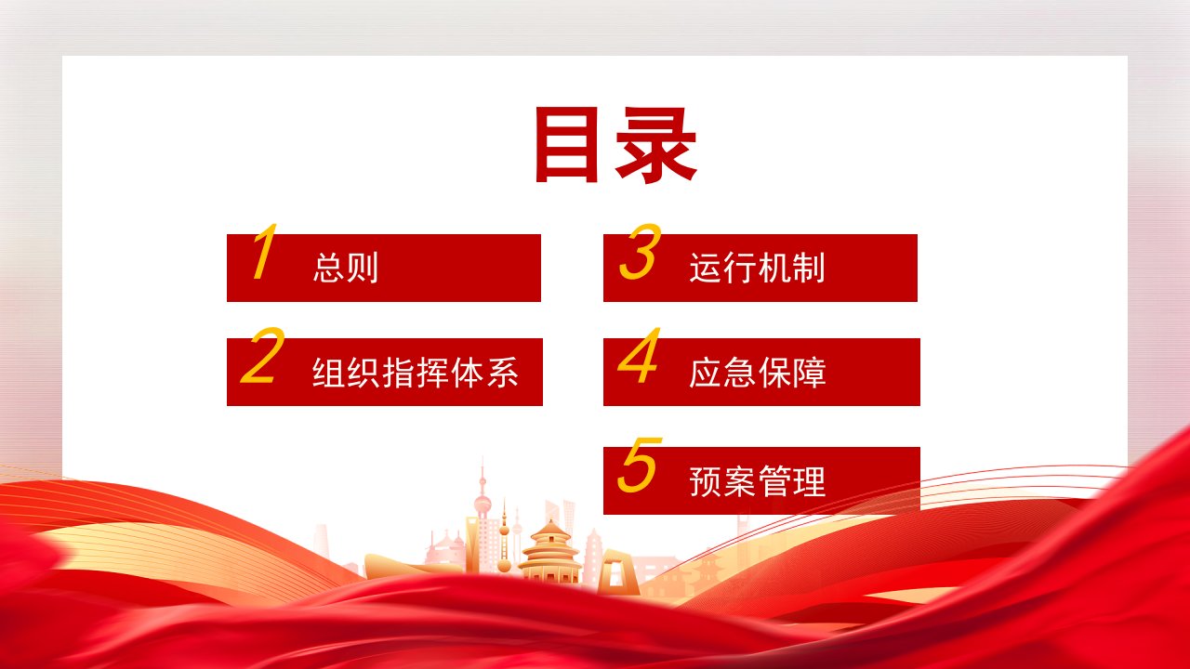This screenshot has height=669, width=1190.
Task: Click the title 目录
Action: pos(615,145)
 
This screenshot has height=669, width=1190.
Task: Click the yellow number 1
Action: pos(265,251)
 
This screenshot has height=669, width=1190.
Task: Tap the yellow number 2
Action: pos(262,355)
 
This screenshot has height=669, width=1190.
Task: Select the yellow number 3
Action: pos(641,251)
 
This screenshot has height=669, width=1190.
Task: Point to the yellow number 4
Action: pos(639,355)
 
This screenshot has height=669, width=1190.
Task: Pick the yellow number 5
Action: pos(640,466)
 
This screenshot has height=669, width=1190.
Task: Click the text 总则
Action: pos(345,268)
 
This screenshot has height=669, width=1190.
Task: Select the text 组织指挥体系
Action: pos(415,373)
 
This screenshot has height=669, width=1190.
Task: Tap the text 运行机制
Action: pos(757,268)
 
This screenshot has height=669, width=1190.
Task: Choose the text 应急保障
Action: pos(758,373)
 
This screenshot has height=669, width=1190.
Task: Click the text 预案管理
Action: pos(758,481)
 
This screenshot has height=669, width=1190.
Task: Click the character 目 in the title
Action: pos(567,144)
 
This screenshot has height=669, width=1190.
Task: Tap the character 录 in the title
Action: pos(656,146)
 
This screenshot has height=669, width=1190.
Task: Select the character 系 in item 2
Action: pos(503,373)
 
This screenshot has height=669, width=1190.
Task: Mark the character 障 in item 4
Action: pos(810,373)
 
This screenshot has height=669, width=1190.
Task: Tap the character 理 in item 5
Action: pos(810,481)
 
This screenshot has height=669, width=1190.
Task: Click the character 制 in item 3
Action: pos(809,268)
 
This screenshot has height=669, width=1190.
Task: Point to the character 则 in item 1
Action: pos(363,268)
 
